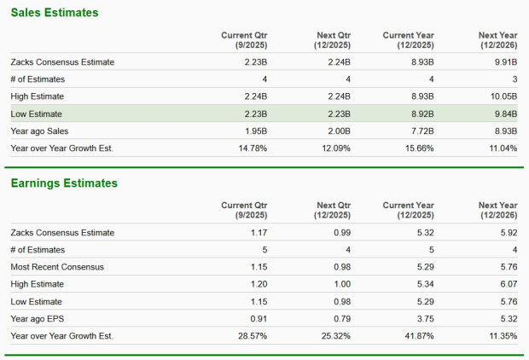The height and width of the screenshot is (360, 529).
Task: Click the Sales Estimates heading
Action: pos(54,13)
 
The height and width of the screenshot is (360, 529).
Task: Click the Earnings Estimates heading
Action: pos(63,183)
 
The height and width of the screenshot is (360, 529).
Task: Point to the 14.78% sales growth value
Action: pos(252,148)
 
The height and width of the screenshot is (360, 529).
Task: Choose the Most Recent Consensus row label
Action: pos(57,267)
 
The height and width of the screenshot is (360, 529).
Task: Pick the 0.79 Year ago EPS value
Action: pos(342,318)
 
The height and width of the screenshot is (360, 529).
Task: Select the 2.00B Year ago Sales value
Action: pos(338,131)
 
